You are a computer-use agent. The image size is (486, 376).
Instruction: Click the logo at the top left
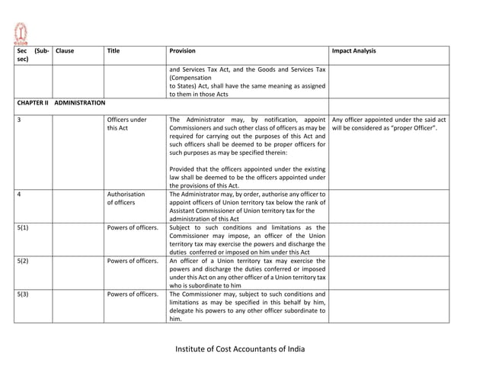(x=21, y=32)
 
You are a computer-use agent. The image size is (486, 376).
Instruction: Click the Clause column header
(x=65, y=51)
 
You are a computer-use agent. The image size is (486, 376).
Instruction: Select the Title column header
(x=114, y=51)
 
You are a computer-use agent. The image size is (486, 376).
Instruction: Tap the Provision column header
(x=182, y=51)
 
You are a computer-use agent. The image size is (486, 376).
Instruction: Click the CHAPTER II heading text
(x=33, y=102)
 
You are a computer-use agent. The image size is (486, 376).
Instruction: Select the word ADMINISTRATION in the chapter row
(x=80, y=102)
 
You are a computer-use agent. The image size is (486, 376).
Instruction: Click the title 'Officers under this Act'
(x=127, y=124)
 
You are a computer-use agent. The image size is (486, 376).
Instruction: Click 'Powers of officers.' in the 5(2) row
(x=133, y=261)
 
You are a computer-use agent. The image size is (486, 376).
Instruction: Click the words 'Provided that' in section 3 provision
(x=190, y=169)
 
